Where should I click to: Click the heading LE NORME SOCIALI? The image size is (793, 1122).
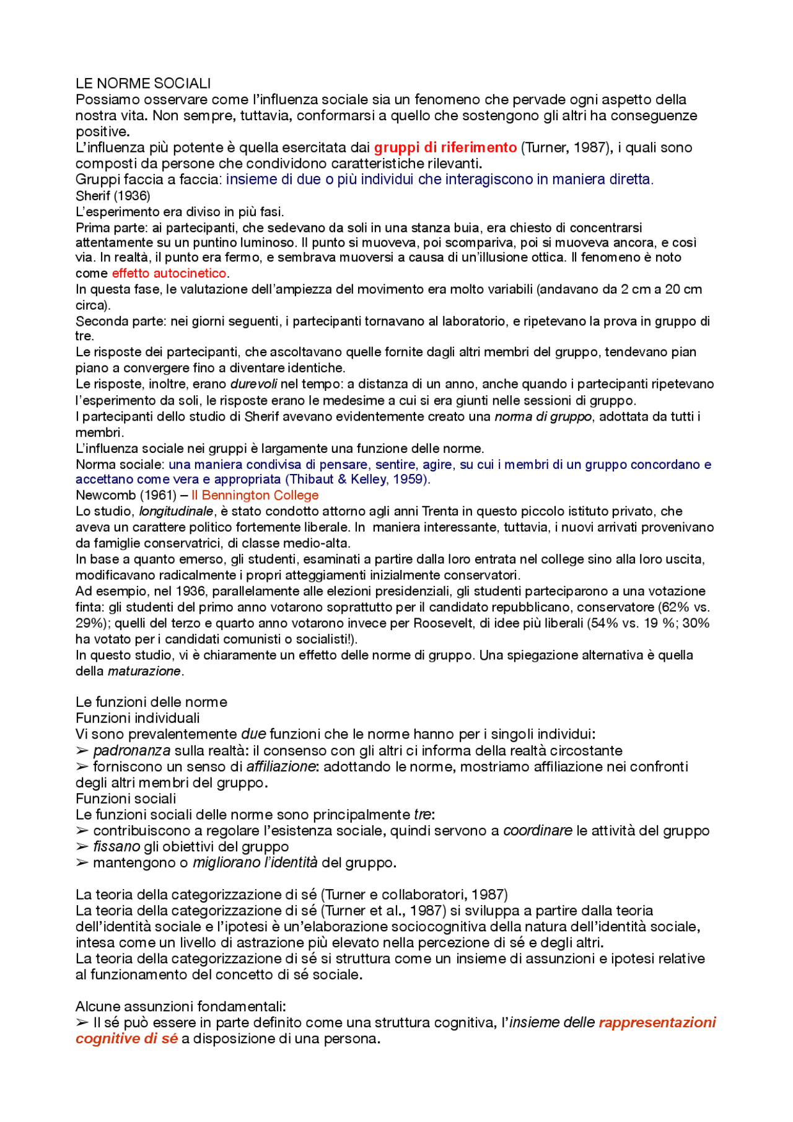tap(143, 83)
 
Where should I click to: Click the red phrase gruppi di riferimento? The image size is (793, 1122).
tap(445, 147)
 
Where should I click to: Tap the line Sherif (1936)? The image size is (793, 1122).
tap(113, 196)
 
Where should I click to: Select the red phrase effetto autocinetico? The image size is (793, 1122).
tap(169, 273)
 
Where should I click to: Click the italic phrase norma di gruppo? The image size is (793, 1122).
tap(543, 416)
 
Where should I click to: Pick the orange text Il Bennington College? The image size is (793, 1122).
tap(255, 495)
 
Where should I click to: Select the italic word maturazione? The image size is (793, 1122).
tap(144, 671)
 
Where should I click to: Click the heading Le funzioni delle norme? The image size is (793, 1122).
tap(151, 702)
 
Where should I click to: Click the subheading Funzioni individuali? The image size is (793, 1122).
tap(138, 718)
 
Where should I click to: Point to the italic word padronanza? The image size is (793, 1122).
tap(131, 750)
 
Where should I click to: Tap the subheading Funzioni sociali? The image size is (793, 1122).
tap(126, 799)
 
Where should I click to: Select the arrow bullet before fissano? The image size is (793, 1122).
tap(82, 847)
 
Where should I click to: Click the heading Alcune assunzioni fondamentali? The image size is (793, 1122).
tap(180, 1006)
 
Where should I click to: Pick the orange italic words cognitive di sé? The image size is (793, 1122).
tap(126, 1038)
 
